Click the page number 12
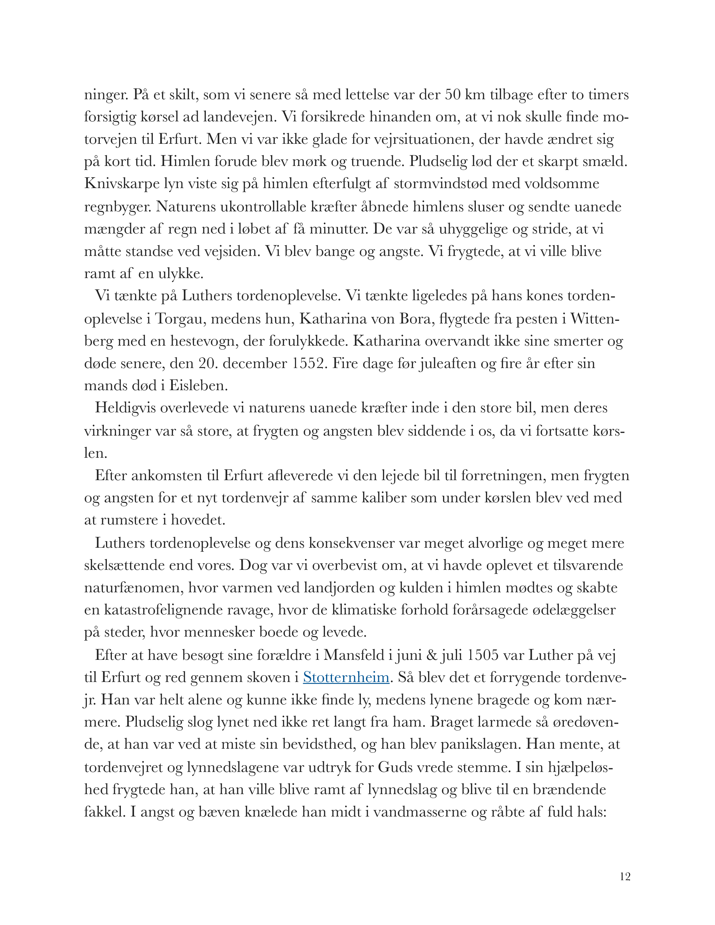point(625,876)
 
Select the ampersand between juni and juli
point(432,655)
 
